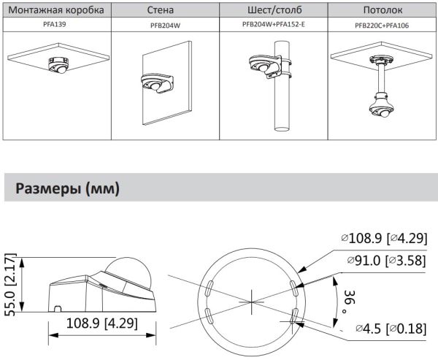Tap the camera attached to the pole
click(x=261, y=66)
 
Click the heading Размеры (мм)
click(x=63, y=189)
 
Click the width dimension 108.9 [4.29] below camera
click(x=103, y=322)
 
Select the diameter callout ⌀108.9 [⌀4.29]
click(x=384, y=238)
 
